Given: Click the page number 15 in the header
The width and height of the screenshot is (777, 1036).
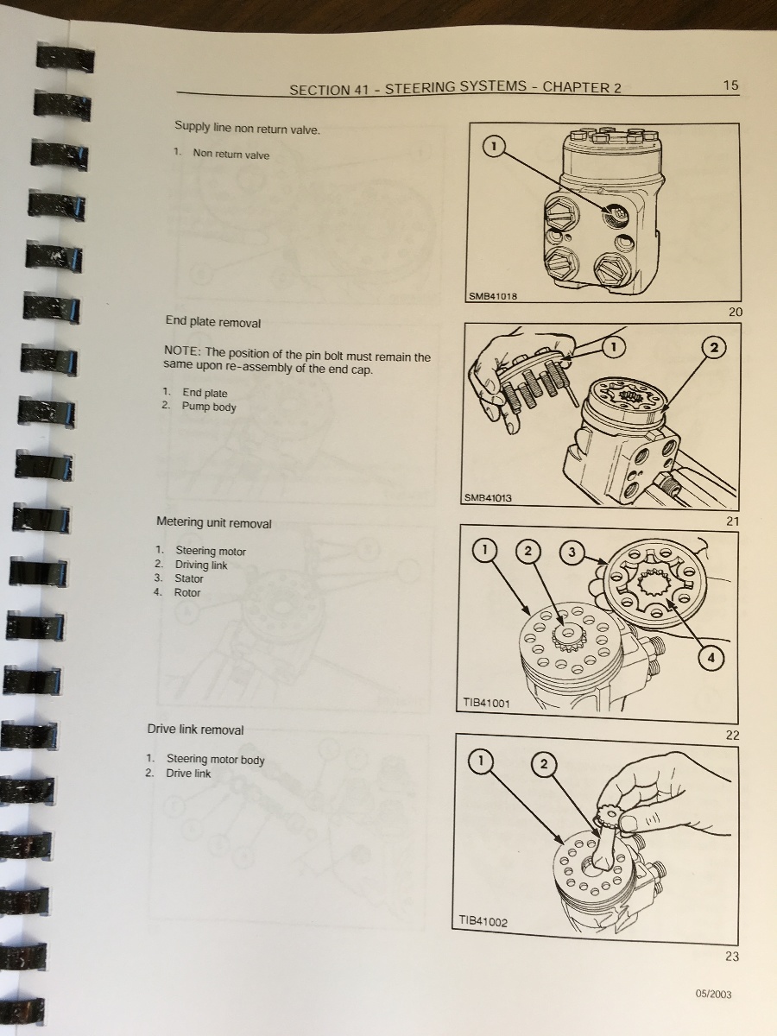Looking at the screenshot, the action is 730,85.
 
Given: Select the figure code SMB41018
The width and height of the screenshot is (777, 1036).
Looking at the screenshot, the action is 493,296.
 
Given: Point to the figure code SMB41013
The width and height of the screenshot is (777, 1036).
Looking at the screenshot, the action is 488,497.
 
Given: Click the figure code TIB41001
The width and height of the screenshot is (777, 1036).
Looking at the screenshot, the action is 486,703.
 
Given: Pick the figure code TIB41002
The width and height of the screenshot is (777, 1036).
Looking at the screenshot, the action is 483,921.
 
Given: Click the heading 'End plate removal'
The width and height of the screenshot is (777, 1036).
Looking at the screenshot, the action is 212,323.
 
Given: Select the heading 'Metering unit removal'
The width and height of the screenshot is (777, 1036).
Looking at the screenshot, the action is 214,523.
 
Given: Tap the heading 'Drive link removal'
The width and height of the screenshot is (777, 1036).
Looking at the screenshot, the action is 195,730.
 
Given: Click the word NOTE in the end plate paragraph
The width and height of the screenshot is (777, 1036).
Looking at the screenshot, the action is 182,351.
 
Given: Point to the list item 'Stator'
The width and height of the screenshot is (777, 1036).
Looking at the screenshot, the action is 189,578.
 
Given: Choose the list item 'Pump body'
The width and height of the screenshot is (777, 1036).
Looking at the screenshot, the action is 209,407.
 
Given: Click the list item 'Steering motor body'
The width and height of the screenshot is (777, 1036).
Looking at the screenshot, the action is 215,760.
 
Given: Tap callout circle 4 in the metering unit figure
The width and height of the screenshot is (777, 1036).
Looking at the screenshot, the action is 711,658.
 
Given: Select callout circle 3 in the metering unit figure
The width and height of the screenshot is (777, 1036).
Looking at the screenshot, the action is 572,552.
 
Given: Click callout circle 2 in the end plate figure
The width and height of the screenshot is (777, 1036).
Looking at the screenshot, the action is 714,348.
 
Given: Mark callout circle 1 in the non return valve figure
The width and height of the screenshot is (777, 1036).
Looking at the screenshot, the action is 494,146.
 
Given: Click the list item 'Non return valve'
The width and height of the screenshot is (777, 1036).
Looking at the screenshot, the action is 231,155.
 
